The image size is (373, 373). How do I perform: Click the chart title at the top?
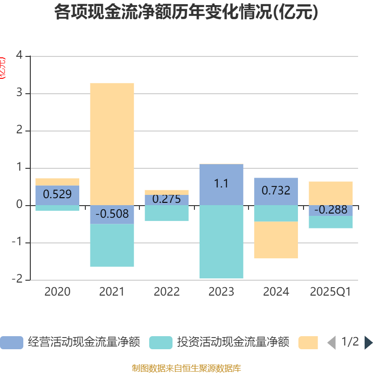[x=186, y=12]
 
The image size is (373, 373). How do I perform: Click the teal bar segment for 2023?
[x=221, y=242]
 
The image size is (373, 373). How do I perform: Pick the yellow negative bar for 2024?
[x=276, y=240]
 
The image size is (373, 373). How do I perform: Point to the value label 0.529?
[x=57, y=194]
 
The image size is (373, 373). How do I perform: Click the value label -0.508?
[x=112, y=214]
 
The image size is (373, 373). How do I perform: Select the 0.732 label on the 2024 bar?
[x=276, y=190]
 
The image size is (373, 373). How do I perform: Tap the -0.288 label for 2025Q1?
[x=331, y=210]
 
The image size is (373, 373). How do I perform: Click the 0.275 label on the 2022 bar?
[x=166, y=199]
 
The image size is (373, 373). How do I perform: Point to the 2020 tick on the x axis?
[x=57, y=292]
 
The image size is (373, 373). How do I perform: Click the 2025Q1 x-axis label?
[x=331, y=292]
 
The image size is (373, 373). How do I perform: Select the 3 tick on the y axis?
[x=20, y=93]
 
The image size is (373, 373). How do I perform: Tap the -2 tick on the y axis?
[x=18, y=279]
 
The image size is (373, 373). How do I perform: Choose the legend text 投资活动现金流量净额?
[x=233, y=343]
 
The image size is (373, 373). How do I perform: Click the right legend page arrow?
[x=368, y=343]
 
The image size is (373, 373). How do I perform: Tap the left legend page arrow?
[x=332, y=343]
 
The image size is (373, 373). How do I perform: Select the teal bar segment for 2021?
[x=112, y=245]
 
